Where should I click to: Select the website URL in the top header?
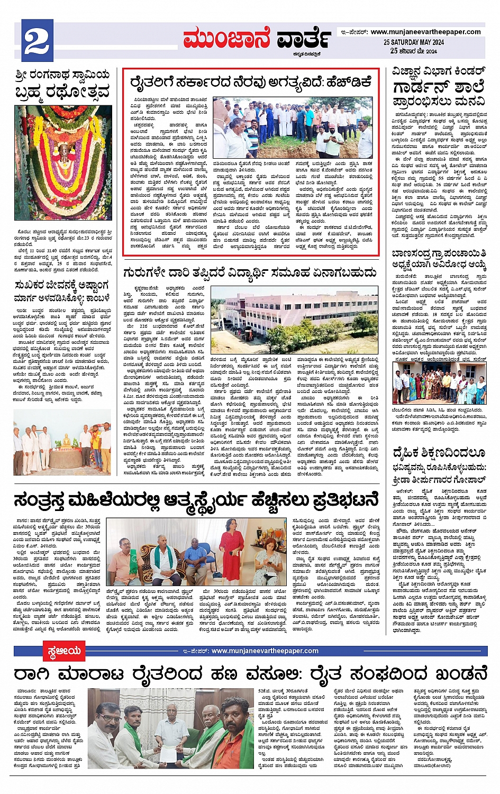click(425, 32)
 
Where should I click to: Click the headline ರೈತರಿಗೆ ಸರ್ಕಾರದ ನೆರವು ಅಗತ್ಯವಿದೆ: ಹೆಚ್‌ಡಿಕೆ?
click(251, 82)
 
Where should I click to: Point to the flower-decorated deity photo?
click(63, 162)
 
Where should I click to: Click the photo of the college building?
click(294, 321)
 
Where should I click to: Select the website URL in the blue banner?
click(265, 651)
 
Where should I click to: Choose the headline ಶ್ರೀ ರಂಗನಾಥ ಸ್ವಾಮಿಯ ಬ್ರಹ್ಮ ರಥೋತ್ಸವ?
click(62, 83)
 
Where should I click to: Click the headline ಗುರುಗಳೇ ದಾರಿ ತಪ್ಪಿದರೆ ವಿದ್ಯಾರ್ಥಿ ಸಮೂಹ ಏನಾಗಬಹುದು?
click(250, 272)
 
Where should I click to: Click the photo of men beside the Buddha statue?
click(62, 441)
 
